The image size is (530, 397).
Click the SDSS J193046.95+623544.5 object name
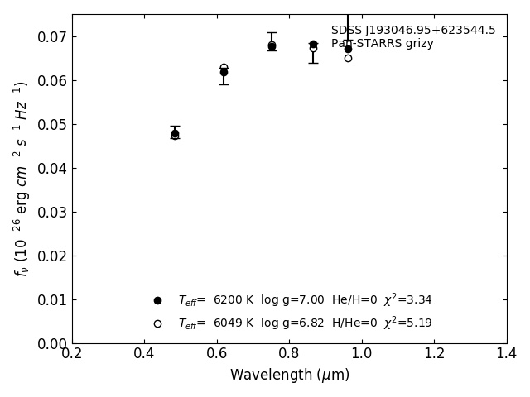(413, 31)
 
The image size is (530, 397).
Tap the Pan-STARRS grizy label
(382, 43)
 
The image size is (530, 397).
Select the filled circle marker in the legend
(157, 300)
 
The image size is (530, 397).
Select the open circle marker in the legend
(157, 323)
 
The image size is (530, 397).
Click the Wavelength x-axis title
(290, 375)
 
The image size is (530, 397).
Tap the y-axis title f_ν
(22, 178)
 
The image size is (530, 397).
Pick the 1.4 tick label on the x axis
(507, 354)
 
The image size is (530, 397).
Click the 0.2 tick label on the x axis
(72, 354)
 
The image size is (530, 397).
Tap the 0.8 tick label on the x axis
(290, 354)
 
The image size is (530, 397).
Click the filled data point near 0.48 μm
(175, 133)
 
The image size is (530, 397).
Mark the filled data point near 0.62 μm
(224, 72)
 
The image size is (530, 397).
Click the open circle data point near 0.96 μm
(348, 58)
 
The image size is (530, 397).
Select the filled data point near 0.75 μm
(272, 45)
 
